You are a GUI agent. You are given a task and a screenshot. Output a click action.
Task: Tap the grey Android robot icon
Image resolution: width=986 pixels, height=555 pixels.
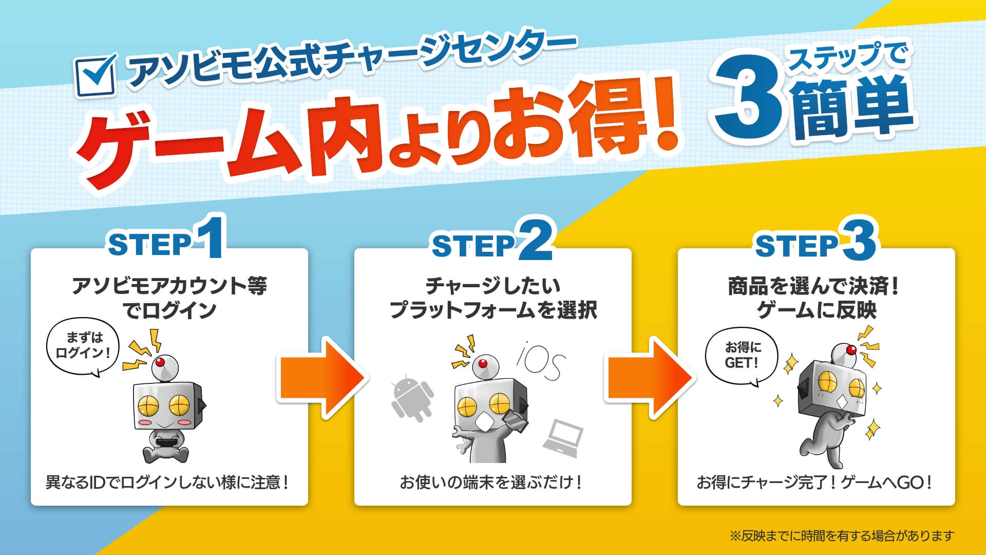(412, 398)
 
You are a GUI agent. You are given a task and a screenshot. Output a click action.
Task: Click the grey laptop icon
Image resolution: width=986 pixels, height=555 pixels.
(563, 438)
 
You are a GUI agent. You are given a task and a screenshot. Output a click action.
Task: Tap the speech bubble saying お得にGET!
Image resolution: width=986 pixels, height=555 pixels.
(742, 356)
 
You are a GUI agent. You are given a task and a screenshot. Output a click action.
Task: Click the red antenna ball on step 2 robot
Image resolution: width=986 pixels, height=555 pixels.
(482, 364)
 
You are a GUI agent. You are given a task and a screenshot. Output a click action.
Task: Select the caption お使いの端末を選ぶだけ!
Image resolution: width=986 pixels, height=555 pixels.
(491, 483)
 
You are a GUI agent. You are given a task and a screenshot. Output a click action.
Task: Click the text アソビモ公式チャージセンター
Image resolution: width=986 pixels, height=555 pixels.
(349, 62)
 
